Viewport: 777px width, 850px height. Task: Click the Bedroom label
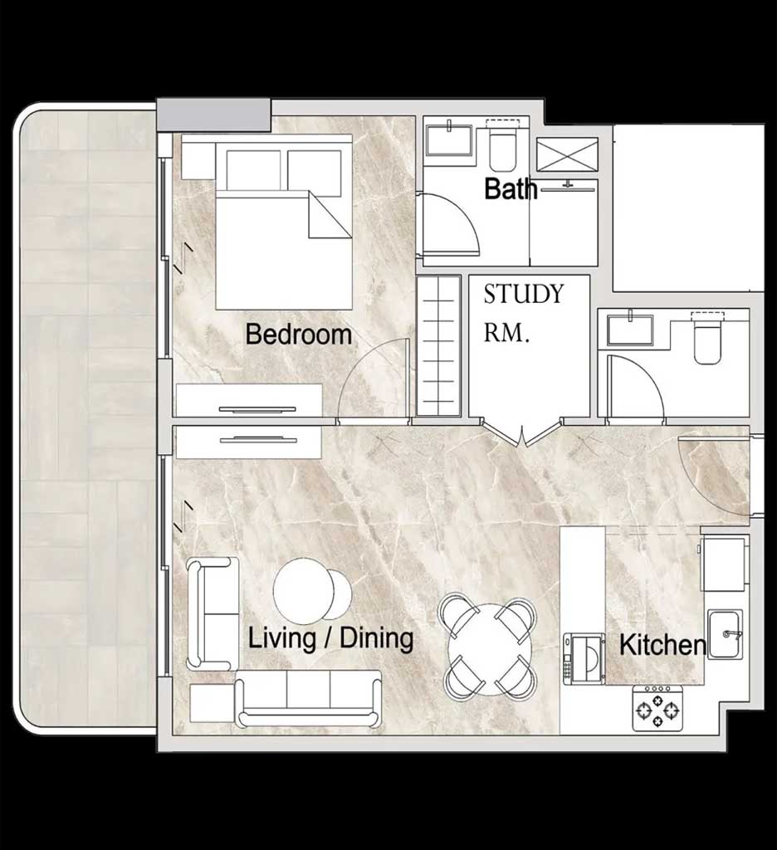pyautogui.click(x=299, y=334)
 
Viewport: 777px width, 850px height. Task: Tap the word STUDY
pyautogui.click(x=524, y=294)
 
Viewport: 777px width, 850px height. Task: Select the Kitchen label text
pyautogui.click(x=662, y=645)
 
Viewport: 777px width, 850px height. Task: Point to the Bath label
pyautogui.click(x=511, y=188)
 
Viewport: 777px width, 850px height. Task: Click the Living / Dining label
pyautogui.click(x=330, y=638)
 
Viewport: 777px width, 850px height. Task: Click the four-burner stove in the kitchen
pyautogui.click(x=657, y=707)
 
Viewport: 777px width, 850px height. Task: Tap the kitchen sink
pyautogui.click(x=725, y=633)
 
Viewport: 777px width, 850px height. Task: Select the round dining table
pyautogui.click(x=489, y=649)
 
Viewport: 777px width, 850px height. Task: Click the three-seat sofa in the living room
pyautogui.click(x=309, y=698)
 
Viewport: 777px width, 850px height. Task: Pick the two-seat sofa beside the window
pyautogui.click(x=213, y=613)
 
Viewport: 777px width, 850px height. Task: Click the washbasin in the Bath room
pyautogui.click(x=450, y=139)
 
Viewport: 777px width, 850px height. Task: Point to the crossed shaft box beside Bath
pyautogui.click(x=567, y=154)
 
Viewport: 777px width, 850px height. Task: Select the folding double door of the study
pyautogui.click(x=522, y=433)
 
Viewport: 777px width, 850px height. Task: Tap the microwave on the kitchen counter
pyautogui.click(x=584, y=658)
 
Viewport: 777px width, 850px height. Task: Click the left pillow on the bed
pyautogui.click(x=253, y=169)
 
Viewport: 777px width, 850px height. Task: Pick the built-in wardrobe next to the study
pyautogui.click(x=438, y=346)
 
